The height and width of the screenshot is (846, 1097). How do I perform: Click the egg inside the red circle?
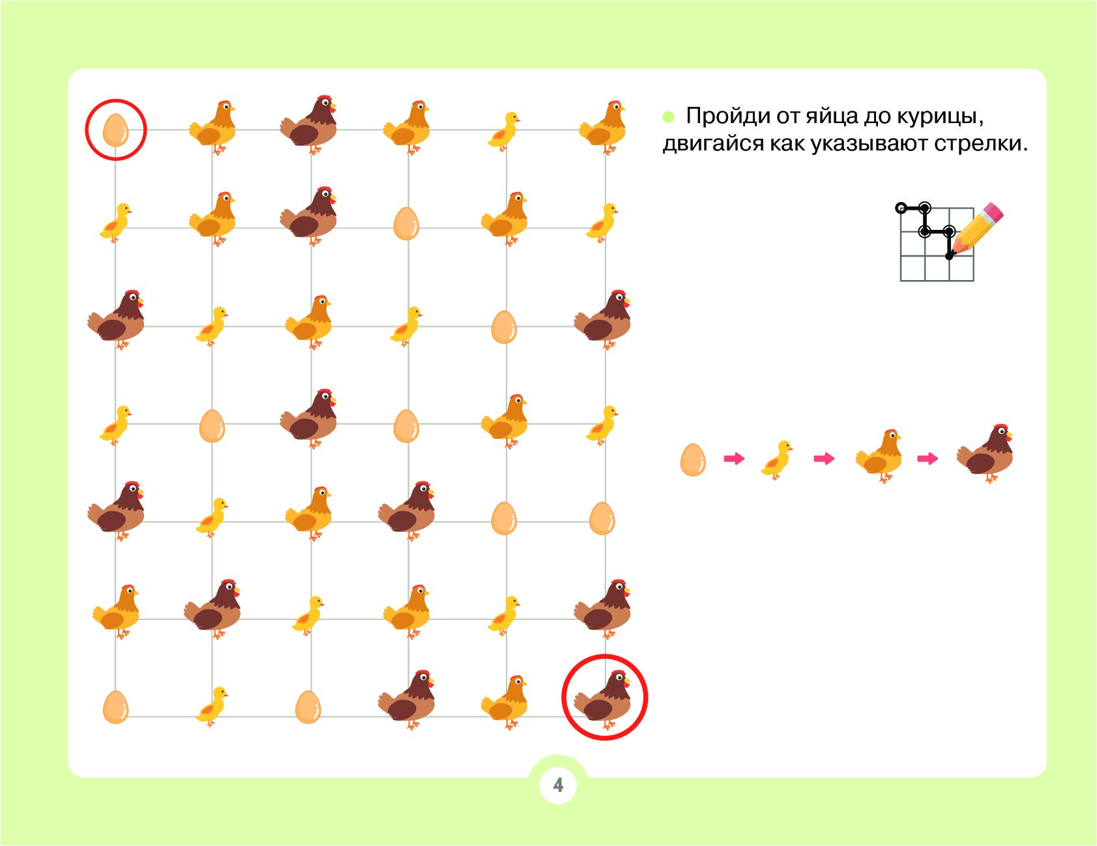[x=116, y=130]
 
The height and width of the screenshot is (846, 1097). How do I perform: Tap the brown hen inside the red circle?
[x=604, y=699]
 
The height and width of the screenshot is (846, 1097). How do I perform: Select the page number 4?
[x=558, y=785]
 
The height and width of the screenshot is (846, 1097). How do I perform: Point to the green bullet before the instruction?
[x=668, y=117]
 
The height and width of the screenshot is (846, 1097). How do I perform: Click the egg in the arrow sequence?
[x=693, y=460]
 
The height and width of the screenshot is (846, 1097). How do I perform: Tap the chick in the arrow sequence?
[x=777, y=460]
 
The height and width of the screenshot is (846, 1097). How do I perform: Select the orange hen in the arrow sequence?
[x=879, y=455]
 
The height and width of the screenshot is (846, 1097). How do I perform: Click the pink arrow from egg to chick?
[x=734, y=459]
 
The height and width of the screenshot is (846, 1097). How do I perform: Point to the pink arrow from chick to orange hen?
[x=824, y=459]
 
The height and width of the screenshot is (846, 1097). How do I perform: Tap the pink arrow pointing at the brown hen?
[x=928, y=459]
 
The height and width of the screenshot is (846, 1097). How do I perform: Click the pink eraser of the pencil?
[x=993, y=212]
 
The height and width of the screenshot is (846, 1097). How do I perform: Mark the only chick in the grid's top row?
[x=504, y=130]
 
